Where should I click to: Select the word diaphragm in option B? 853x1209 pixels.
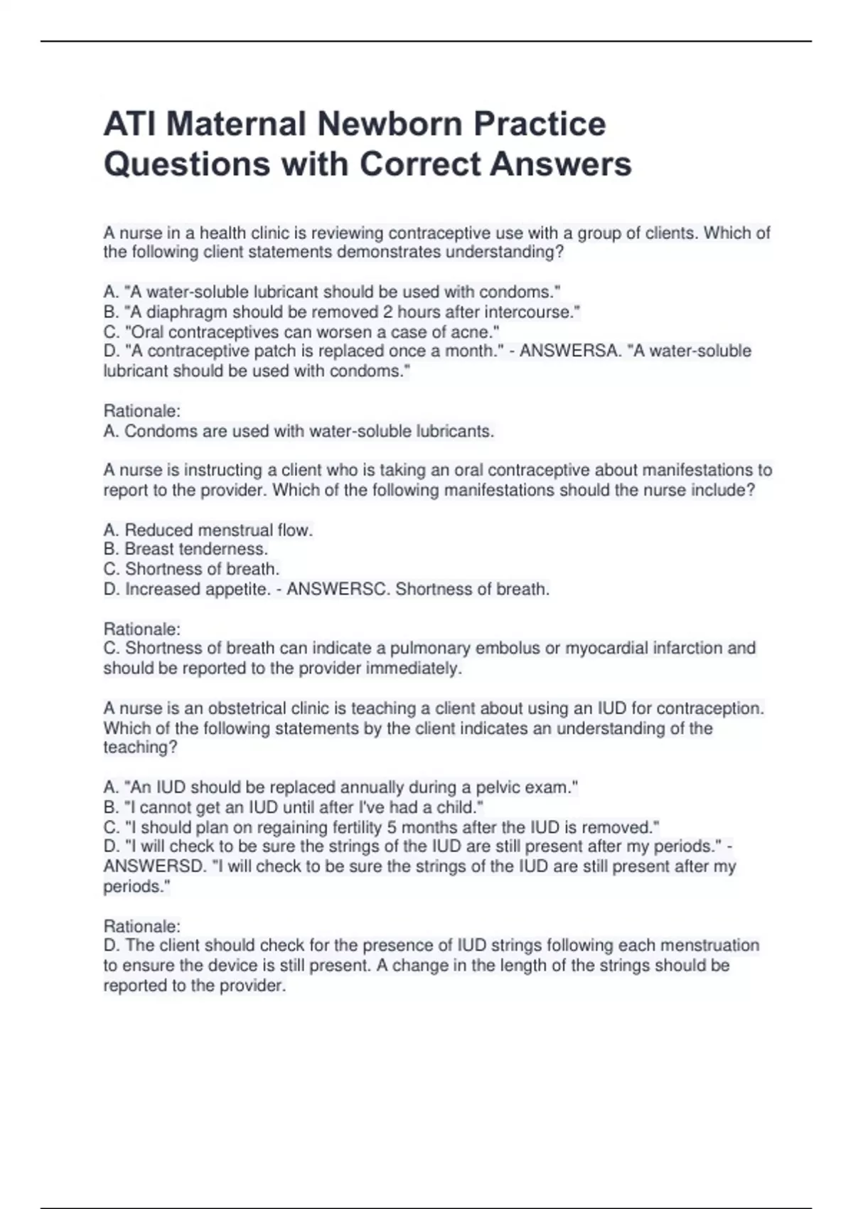coord(187,312)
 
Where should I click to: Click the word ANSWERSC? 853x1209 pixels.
coord(338,590)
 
